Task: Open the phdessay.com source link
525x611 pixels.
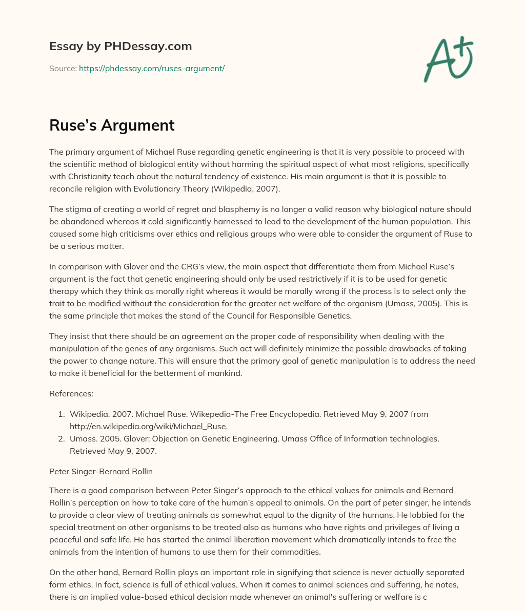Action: click(152, 68)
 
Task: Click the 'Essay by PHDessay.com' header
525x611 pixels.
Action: click(120, 46)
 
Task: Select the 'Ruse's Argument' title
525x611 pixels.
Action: click(112, 125)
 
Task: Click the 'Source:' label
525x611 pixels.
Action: click(63, 68)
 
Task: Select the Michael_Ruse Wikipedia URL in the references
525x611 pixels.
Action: click(149, 426)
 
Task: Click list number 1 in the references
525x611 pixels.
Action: click(60, 414)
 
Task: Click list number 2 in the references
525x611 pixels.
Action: click(60, 439)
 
